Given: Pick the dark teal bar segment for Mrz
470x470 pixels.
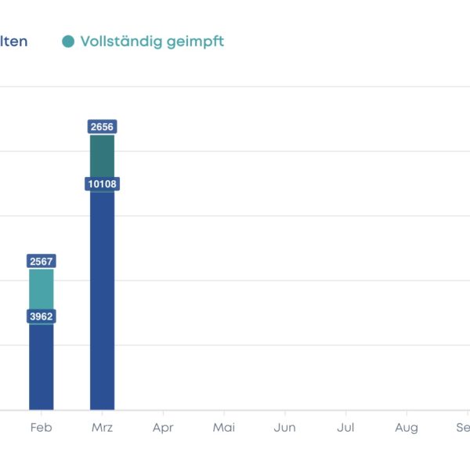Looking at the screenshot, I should coord(103,156).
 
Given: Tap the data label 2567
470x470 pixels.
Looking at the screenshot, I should coord(42,261).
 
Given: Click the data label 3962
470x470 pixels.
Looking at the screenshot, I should coord(42,316).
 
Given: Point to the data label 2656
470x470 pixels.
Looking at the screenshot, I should coord(103,127).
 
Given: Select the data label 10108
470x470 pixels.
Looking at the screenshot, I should coord(103,184).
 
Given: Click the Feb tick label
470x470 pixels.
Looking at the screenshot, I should coord(42,428).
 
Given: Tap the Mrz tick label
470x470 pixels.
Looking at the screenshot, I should coord(103,428).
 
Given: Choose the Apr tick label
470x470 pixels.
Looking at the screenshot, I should coord(163,428).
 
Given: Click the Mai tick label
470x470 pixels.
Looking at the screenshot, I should coord(224,428).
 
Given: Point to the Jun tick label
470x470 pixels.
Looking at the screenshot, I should coord(285,428).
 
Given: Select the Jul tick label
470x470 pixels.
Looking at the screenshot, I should coord(345,428).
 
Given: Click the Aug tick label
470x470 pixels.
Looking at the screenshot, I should coord(407,428).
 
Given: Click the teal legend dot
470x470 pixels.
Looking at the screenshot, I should coord(69,42).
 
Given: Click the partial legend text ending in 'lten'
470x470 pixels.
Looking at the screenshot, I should coord(13,42).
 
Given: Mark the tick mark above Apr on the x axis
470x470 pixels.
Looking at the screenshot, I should coord(163,413).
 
